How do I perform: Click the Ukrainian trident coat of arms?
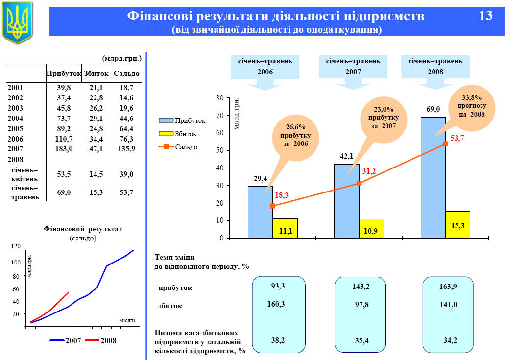point(18,22)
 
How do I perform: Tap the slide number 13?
point(485,16)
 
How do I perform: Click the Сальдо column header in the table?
point(126,73)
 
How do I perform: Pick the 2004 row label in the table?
point(15,118)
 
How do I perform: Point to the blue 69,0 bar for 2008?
point(433,176)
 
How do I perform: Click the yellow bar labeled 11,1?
point(285,229)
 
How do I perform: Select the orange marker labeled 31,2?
point(359,183)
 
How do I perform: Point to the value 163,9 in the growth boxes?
point(448,287)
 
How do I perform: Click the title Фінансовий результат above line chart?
point(83,229)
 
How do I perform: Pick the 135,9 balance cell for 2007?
point(126,149)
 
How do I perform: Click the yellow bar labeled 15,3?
point(458,225)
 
